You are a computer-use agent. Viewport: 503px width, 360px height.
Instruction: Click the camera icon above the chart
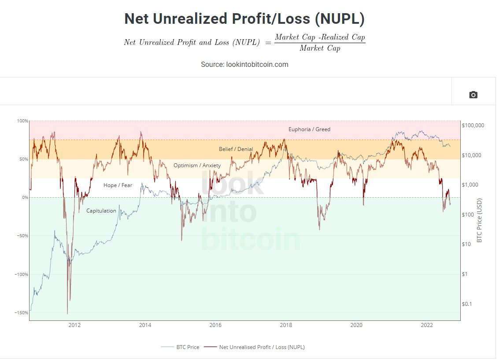[x=473, y=95]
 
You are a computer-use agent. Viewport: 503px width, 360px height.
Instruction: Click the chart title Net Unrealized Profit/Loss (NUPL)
[x=244, y=19]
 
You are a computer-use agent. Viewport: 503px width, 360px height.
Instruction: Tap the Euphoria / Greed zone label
[x=309, y=129]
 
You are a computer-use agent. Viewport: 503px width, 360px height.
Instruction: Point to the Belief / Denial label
[x=236, y=149]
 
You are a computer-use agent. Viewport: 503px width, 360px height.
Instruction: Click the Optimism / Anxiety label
[x=197, y=165]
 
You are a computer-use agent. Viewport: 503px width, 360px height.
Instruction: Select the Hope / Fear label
[x=118, y=185]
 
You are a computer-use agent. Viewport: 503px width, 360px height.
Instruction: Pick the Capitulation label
[x=101, y=211]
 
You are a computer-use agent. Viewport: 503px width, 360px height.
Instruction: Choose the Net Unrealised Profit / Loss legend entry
[x=262, y=347]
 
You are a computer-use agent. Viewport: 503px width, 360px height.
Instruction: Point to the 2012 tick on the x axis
[x=74, y=325]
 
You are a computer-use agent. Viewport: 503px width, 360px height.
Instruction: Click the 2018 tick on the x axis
[x=286, y=325]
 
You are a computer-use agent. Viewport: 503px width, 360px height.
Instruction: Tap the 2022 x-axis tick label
[x=427, y=325]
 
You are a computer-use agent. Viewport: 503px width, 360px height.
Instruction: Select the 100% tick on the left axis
[x=22, y=121]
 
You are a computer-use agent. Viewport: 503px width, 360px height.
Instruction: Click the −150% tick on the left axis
[x=21, y=313]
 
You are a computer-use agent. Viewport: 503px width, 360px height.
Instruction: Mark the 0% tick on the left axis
[x=25, y=198]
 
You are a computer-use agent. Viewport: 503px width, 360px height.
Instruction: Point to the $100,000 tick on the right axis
[x=473, y=125]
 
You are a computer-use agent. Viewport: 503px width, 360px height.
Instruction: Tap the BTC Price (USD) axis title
[x=480, y=220]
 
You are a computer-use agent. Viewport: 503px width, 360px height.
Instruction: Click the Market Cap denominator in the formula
[x=320, y=48]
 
